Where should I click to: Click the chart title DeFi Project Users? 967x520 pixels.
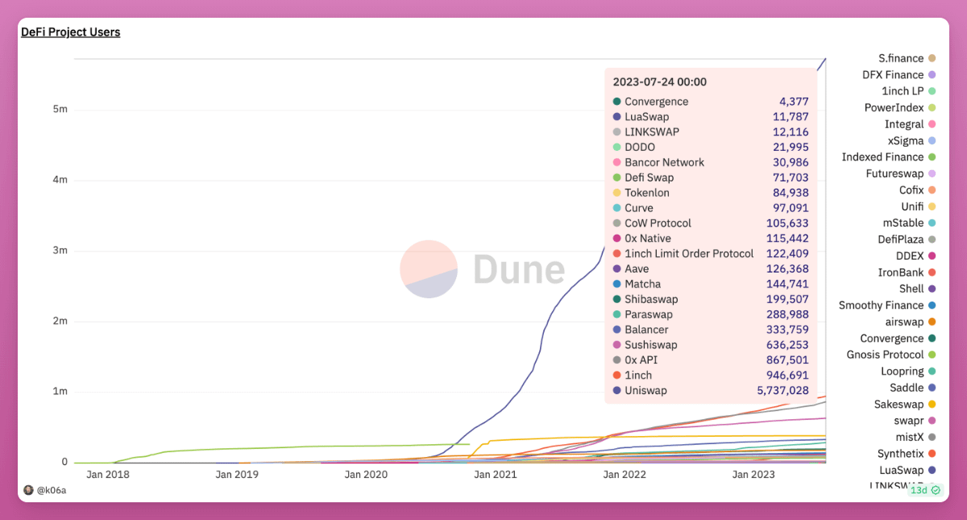pos(70,32)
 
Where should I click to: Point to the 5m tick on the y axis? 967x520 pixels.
pos(60,109)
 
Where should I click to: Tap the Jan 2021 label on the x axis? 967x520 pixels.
pos(495,475)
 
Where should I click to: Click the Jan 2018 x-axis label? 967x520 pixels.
pos(107,475)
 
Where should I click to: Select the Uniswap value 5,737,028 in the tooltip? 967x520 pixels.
pos(782,390)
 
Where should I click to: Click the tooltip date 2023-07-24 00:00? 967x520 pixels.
pos(659,81)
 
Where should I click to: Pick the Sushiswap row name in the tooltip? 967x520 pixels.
pos(650,345)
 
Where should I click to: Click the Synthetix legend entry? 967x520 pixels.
pos(900,454)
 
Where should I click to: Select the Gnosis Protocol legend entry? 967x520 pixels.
pos(885,355)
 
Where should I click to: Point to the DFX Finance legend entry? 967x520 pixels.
pos(893,75)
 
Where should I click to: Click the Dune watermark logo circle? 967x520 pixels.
pos(429,268)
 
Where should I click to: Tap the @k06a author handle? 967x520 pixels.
pos(51,489)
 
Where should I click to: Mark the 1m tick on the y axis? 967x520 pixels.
pos(60,392)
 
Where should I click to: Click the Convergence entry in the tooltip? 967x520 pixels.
pos(656,102)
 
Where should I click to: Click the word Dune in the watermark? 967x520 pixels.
pos(519,269)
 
